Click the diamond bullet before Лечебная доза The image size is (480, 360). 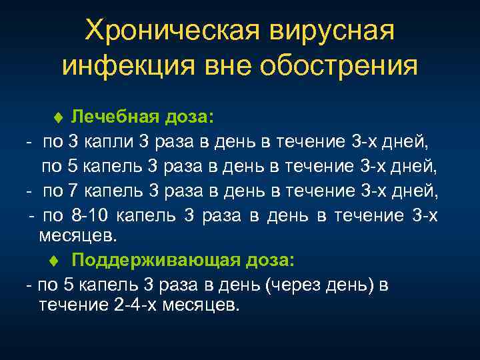click(x=58, y=119)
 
